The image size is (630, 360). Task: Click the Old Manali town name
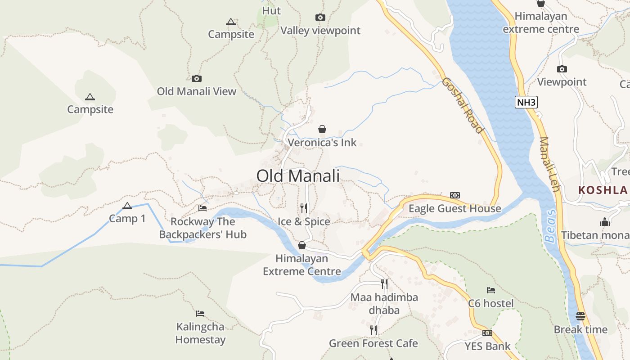[298, 176]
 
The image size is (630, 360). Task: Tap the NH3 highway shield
[526, 102]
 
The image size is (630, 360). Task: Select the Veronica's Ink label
[322, 143]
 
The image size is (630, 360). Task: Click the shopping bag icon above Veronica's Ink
[322, 130]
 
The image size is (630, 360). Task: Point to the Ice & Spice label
[304, 221]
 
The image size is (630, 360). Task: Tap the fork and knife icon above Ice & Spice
[304, 208]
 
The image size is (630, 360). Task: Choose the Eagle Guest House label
[454, 208]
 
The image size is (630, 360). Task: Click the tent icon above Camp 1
[127, 206]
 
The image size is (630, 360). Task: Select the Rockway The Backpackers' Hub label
[203, 228]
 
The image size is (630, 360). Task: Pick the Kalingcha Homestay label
[200, 333]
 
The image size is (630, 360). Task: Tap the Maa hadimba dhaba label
[384, 304]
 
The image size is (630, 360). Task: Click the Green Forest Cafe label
[373, 343]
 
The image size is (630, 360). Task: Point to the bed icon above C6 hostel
[491, 290]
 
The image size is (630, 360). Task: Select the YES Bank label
[487, 346]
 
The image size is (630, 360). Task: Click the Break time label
[580, 329]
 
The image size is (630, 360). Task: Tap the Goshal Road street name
[462, 105]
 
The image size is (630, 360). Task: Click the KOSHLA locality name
[603, 190]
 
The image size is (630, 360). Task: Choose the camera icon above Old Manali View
[197, 78]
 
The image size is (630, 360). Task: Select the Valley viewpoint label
[320, 31]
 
